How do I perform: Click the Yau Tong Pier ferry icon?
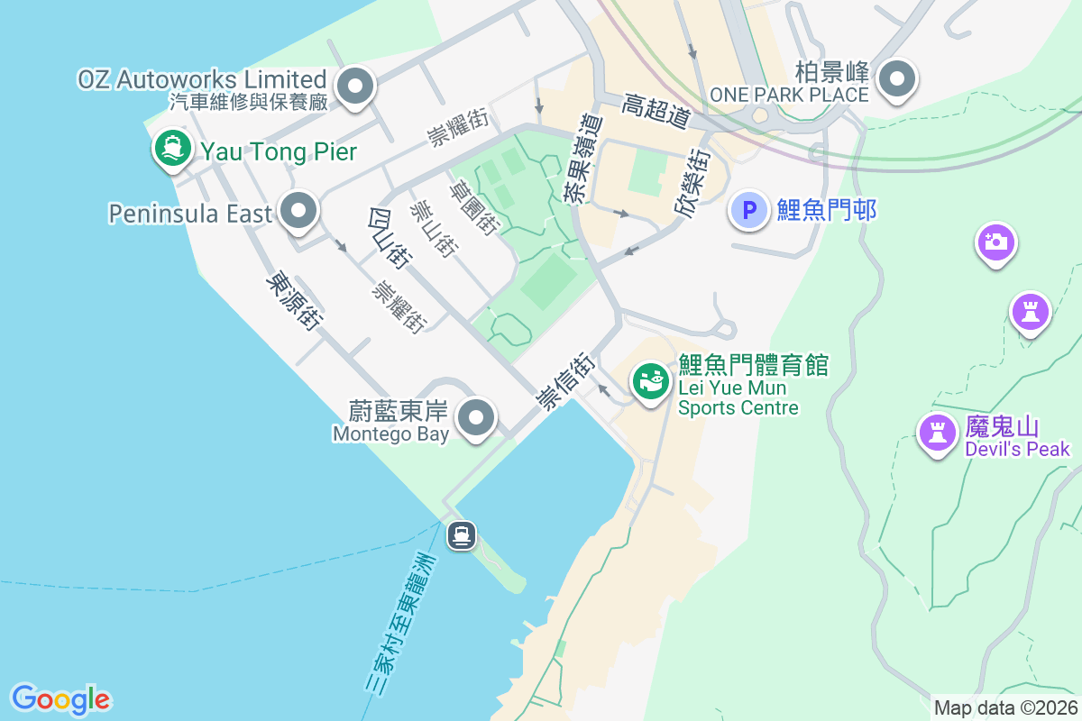tap(171, 148)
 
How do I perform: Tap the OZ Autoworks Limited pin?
tap(355, 87)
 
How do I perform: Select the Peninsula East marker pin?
tap(298, 212)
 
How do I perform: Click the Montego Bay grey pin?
tap(477, 417)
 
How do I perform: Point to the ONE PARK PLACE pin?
tap(896, 80)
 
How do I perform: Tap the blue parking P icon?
tap(748, 211)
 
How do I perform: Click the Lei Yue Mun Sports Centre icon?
tap(649, 381)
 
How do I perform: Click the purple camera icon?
tap(995, 242)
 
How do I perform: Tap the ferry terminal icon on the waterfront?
tap(462, 535)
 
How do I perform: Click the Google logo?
tap(60, 698)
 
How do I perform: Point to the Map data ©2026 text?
tap(1005, 707)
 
